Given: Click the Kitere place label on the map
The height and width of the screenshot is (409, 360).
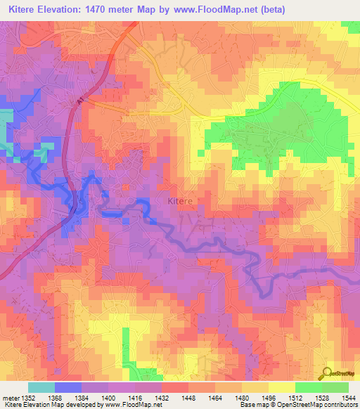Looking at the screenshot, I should tap(181, 201).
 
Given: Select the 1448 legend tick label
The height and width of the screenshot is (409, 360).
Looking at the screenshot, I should tap(188, 398).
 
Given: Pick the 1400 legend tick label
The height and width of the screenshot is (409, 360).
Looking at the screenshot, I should tap(108, 398).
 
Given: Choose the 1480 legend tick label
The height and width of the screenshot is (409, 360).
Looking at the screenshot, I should tap(241, 398).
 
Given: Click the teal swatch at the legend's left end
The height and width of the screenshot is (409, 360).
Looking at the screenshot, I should tap(41, 387).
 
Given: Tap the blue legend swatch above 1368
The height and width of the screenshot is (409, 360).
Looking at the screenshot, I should tap(67, 387).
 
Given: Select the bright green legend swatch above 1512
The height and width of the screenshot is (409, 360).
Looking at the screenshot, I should tap(308, 387).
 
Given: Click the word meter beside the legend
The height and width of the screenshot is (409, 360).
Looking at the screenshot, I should tap(9, 398).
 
